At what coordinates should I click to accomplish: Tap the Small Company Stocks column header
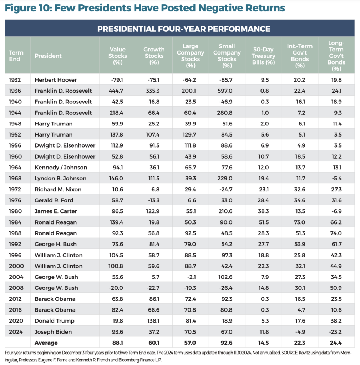(227, 56)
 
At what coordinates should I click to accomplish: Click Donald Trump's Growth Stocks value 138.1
(154, 321)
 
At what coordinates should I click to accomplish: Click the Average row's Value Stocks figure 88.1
(118, 343)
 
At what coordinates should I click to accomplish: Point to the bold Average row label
(46, 343)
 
